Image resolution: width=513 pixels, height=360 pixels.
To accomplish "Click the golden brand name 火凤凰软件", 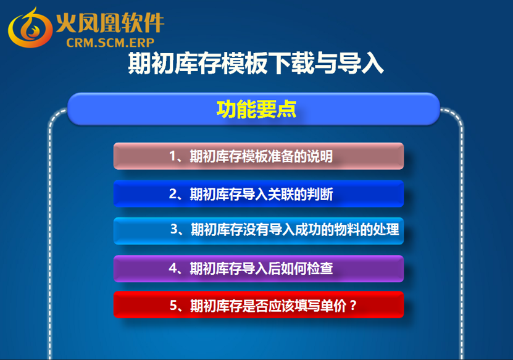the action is tap(110, 23).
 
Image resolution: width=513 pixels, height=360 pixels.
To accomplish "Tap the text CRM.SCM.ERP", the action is tap(111, 43).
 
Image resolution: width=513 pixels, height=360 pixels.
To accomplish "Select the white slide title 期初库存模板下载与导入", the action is tap(256, 63).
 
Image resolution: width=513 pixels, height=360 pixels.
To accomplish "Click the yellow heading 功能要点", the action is tap(256, 109).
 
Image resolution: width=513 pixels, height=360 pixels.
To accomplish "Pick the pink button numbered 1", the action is tap(259, 156).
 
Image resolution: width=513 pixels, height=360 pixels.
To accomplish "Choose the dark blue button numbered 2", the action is tap(259, 194).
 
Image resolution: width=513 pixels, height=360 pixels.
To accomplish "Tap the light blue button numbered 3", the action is tap(259, 231).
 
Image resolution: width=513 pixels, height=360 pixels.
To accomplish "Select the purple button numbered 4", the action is tap(259, 269).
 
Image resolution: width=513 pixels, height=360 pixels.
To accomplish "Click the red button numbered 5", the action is tap(259, 304).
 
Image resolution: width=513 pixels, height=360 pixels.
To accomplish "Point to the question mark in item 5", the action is tap(352, 306).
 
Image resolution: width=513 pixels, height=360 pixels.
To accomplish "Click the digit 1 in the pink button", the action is tap(172, 156).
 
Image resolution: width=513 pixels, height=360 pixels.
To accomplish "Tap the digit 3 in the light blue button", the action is tap(174, 229).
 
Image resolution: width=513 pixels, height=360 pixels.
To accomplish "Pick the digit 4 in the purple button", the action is tap(173, 269).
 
